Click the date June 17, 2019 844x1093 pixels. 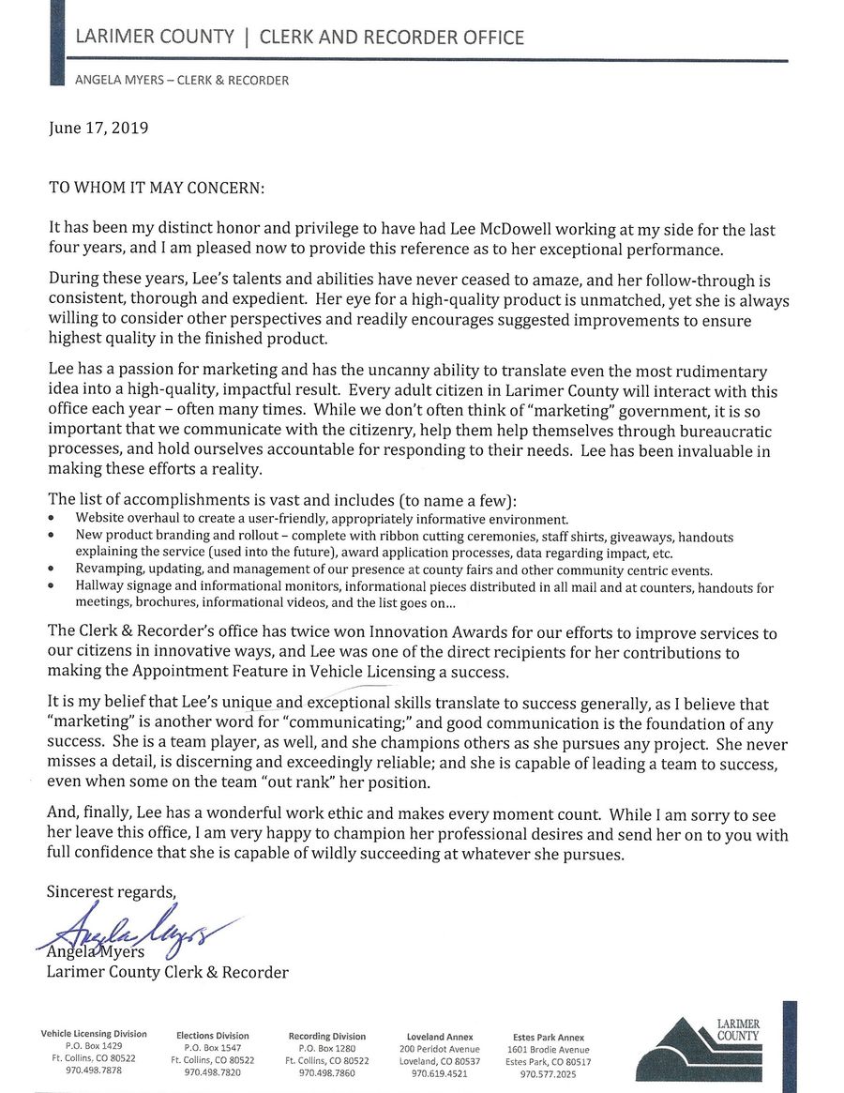click(x=98, y=129)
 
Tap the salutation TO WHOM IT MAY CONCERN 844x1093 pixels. click(x=157, y=187)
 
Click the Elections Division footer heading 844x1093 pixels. click(x=213, y=1036)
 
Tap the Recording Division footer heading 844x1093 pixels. click(x=327, y=1036)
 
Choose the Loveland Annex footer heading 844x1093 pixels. click(x=439, y=1037)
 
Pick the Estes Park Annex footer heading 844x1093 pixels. click(x=548, y=1037)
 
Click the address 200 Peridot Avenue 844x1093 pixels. click(x=439, y=1049)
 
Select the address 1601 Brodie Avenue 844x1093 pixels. click(x=548, y=1049)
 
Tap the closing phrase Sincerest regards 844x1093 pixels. click(x=112, y=892)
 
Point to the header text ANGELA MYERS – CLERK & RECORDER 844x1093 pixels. click(x=182, y=81)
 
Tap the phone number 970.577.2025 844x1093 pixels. click(x=548, y=1073)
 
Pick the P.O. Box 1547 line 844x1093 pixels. click(x=213, y=1048)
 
